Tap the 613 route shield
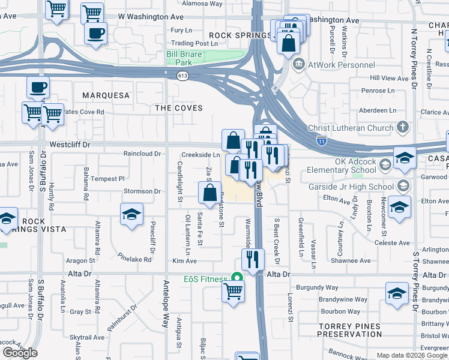pyautogui.click(x=182, y=76)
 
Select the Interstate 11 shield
pyautogui.click(x=322, y=140)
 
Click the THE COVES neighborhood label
pyautogui.click(x=179, y=108)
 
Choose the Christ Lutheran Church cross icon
pyautogui.click(x=402, y=128)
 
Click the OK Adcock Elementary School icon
pyautogui.click(x=384, y=164)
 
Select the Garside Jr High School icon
pyautogui.click(x=402, y=185)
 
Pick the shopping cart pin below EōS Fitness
pyautogui.click(x=234, y=291)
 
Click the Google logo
pyautogui.click(x=20, y=353)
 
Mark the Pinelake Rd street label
pyautogui.click(x=135, y=257)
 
